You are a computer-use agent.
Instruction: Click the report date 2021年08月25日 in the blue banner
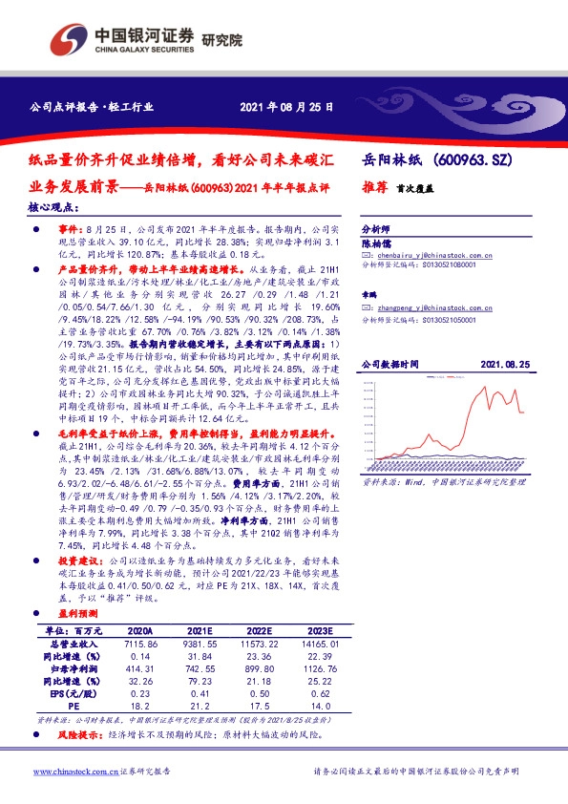click(286, 108)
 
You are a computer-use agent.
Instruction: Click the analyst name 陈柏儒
click(376, 243)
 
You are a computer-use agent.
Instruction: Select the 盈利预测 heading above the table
click(78, 616)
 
